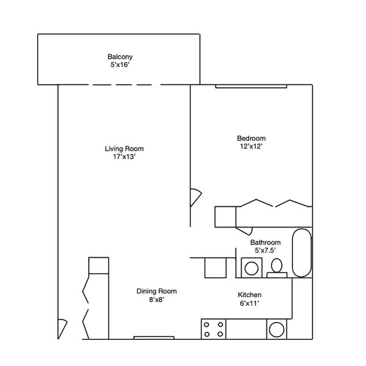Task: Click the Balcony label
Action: (x=120, y=57)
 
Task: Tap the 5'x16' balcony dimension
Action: (x=120, y=65)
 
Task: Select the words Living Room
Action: (x=124, y=149)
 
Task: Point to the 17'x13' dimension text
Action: (x=124, y=157)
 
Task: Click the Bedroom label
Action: (x=251, y=138)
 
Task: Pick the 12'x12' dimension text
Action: (x=251, y=146)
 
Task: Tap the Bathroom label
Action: (x=265, y=242)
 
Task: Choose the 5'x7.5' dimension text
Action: (x=265, y=251)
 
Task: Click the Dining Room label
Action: (x=157, y=292)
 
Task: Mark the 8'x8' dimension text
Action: (x=157, y=300)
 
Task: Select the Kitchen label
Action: (x=249, y=295)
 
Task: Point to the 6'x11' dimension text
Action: (x=249, y=303)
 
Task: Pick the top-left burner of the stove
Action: (x=207, y=325)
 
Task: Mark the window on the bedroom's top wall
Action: (x=251, y=87)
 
